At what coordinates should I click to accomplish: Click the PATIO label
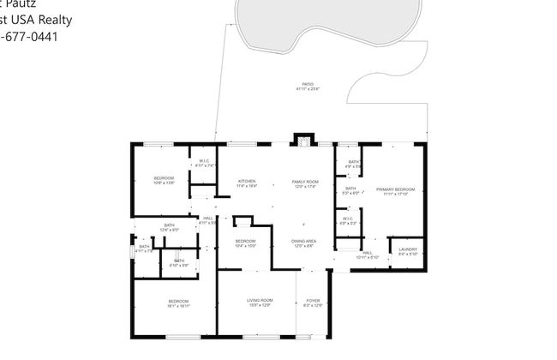coord(307,84)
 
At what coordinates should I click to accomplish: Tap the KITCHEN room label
coord(248,181)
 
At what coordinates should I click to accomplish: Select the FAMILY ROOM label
coord(305,181)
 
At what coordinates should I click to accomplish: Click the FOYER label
coord(314,300)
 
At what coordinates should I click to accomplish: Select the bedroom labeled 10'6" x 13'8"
coord(164,177)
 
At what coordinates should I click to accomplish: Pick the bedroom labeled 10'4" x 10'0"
coord(246,241)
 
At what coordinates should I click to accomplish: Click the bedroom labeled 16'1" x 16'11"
coord(178,301)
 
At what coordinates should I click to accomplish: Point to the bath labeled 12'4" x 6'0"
coord(169,225)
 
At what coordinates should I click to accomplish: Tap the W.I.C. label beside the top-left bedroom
coord(205,161)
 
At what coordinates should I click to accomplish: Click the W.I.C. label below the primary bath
coord(347,219)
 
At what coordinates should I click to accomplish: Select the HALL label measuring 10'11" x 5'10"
coord(367,253)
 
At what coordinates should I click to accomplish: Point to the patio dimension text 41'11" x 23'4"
coord(307,89)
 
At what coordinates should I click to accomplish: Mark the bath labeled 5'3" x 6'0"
coord(350,189)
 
